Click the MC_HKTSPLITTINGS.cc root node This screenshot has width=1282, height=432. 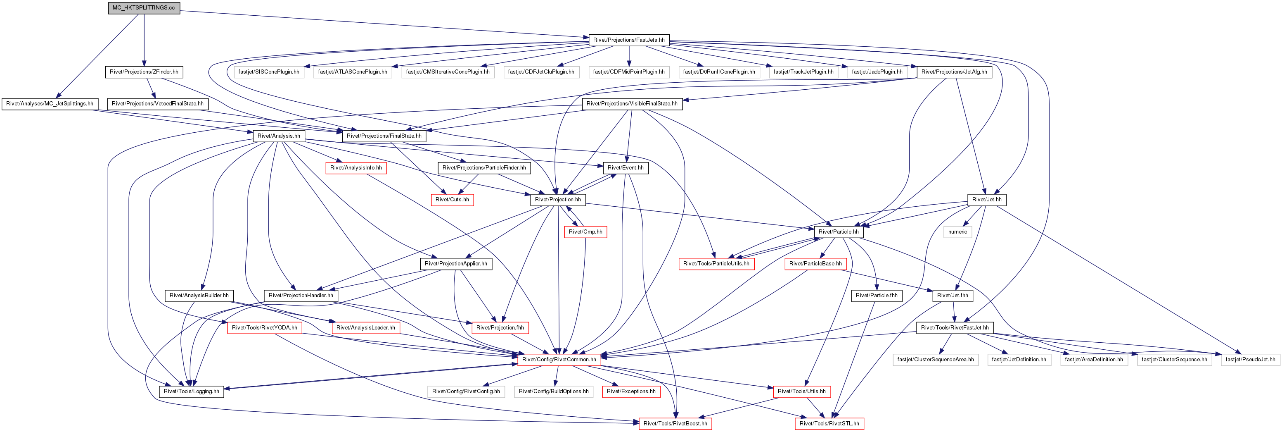point(144,8)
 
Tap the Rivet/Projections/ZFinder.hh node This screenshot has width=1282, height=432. point(144,72)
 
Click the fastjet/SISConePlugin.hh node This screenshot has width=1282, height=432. point(269,72)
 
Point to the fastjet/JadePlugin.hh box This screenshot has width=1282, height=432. point(877,72)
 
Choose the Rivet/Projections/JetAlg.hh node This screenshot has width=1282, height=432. point(954,72)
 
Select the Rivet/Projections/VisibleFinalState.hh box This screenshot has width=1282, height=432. point(632,104)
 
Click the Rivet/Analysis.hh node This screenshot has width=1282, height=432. point(279,136)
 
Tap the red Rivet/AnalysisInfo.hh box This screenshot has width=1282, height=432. point(356,168)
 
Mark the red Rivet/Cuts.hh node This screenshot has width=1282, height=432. point(452,200)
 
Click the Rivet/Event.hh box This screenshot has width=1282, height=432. point(625,168)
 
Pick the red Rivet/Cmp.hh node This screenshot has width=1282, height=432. point(585,232)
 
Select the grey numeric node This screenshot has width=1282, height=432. point(957,232)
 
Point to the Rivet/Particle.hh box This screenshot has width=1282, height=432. point(839,232)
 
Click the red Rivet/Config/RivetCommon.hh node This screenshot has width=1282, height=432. point(559,360)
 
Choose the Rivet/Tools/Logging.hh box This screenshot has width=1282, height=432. point(192,391)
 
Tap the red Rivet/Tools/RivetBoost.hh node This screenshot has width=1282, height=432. point(675,424)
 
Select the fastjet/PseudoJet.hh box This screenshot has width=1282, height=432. point(1250,360)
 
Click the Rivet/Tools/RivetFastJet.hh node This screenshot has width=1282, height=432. point(955,328)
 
